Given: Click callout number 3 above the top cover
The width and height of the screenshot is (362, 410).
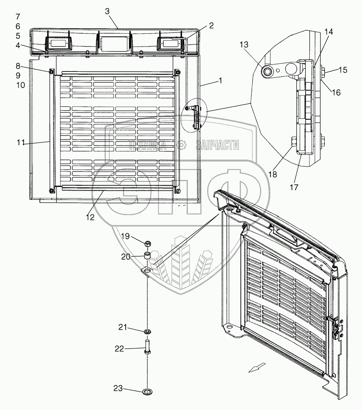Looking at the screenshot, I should pos(107,11).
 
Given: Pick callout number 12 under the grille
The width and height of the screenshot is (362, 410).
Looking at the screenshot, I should pos(90,216).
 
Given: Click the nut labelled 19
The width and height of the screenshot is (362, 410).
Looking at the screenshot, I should pos(148,243).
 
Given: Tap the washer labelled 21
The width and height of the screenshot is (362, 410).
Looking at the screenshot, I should pos(147,331).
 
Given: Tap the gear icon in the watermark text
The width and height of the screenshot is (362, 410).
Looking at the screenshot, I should pos(181,145).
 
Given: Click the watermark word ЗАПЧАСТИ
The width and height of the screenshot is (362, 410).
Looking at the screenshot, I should pos(217,145).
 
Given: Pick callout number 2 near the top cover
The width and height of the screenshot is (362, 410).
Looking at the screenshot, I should pos(211,26).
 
